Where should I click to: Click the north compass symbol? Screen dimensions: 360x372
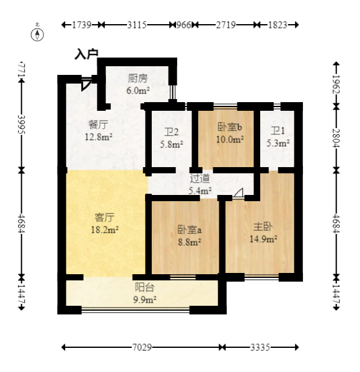(x=37, y=35)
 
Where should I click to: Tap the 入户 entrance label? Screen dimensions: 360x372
(x=86, y=54)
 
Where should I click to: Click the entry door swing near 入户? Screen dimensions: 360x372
(x=86, y=84)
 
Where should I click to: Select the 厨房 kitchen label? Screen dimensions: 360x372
(x=138, y=78)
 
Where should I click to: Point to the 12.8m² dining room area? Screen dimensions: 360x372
(x=99, y=137)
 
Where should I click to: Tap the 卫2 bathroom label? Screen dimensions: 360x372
(x=171, y=132)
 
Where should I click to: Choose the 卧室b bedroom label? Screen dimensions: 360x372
(x=230, y=128)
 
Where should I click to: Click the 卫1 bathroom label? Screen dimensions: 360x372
(x=278, y=131)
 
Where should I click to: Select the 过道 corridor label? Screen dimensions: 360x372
(x=200, y=178)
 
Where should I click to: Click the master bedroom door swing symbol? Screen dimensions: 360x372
(x=238, y=193)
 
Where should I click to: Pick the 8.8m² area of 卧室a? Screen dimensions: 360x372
(x=190, y=242)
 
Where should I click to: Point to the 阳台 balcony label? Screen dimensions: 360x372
(x=144, y=287)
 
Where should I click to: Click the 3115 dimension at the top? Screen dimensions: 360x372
(x=137, y=25)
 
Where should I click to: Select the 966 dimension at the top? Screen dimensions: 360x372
(x=183, y=25)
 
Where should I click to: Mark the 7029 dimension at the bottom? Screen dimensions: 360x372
(x=142, y=348)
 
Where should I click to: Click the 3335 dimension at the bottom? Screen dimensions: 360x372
(x=260, y=348)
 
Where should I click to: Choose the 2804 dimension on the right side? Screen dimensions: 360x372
(x=336, y=138)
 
